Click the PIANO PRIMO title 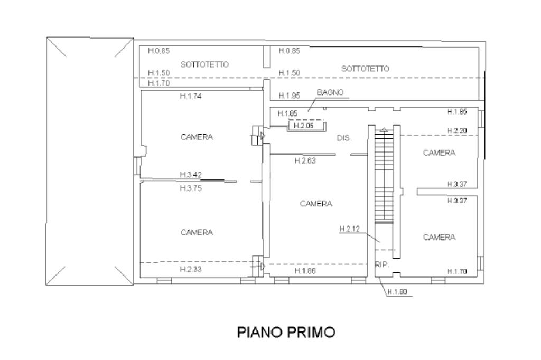(286, 333)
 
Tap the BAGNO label (330, 92)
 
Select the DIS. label (344, 138)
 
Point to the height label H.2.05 (304, 126)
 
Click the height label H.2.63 (305, 161)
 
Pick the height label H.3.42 (190, 174)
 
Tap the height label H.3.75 (190, 187)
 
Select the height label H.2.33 (190, 269)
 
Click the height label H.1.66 (305, 271)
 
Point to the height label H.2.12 (349, 229)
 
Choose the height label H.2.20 (457, 130)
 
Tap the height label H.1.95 (289, 96)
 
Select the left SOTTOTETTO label (204, 64)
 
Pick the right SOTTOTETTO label (365, 69)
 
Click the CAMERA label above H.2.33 (197, 232)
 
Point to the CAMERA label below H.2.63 (316, 204)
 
